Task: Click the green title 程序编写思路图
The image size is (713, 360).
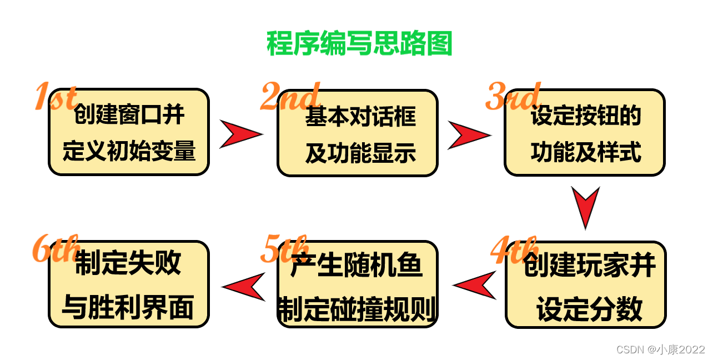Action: coord(359,43)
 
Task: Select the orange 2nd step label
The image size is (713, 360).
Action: coord(289,97)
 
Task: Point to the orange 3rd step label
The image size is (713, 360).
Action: coord(513,97)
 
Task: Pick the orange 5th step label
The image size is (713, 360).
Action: coord(284,251)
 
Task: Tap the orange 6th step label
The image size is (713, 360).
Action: coord(56,248)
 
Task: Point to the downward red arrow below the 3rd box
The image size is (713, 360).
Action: coord(585,207)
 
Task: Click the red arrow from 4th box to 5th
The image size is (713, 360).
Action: coord(475,286)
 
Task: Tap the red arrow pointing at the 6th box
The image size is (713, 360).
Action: coord(244,287)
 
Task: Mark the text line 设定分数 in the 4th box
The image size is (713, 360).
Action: coord(589,309)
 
